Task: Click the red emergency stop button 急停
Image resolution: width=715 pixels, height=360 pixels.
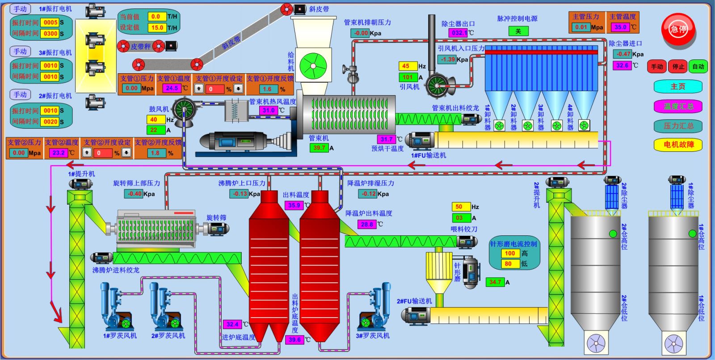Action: coord(678,29)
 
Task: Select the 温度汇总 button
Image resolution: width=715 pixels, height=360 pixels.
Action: coord(678,106)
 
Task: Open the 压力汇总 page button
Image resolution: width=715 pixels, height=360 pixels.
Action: coord(678,126)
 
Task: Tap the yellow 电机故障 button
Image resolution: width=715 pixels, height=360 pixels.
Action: coord(678,144)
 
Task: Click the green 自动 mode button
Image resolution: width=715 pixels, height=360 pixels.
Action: coord(698,67)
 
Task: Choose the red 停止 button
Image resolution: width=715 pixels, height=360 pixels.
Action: coord(678,67)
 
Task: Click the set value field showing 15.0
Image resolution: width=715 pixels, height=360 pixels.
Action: coord(157,28)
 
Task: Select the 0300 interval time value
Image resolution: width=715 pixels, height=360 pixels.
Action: coord(50,33)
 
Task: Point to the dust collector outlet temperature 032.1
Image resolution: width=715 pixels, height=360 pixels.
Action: coord(458,33)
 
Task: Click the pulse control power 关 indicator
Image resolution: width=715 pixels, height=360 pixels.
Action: coord(518,31)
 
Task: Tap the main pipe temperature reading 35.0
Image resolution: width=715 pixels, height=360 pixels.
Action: coord(620,27)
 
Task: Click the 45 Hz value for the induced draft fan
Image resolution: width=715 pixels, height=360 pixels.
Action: coord(407,66)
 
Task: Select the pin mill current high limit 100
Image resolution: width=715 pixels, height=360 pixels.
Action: coord(510,253)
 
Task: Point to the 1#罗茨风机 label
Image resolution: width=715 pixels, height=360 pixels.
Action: coord(120,336)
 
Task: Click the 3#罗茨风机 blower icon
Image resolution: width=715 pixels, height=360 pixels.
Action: coord(374,308)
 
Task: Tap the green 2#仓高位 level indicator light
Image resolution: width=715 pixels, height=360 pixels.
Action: coord(613,234)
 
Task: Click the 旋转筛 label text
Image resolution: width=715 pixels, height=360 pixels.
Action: coord(216,218)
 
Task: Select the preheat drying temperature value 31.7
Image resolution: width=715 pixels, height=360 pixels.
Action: coord(387,139)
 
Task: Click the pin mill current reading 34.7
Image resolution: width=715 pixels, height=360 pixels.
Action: coord(495,282)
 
